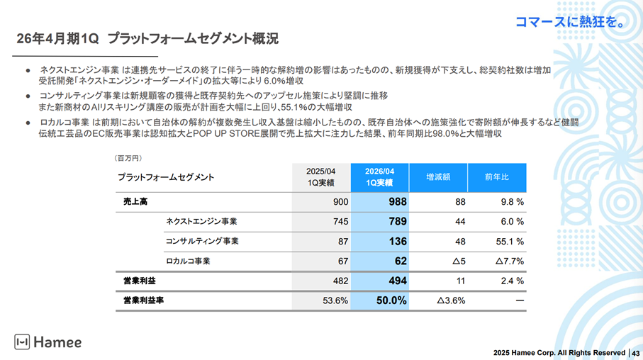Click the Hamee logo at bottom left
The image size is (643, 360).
tap(48, 342)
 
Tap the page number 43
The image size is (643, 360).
tap(636, 353)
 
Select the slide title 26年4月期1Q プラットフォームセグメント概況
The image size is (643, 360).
tap(147, 38)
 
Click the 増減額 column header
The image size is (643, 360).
tap(438, 177)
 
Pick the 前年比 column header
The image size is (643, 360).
tap(496, 177)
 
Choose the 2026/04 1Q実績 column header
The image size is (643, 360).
tap(379, 177)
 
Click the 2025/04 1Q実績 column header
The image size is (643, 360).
tap(320, 177)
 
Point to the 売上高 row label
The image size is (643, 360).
tap(135, 202)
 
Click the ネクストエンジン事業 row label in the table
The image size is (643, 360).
tap(201, 222)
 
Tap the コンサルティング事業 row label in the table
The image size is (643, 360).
tap(201, 242)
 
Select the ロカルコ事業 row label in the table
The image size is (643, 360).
tap(188, 261)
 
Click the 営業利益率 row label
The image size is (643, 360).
tap(143, 300)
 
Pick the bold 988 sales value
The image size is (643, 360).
tap(398, 202)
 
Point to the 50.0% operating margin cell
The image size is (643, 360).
tap(391, 300)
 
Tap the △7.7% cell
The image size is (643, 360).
tap(508, 261)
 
